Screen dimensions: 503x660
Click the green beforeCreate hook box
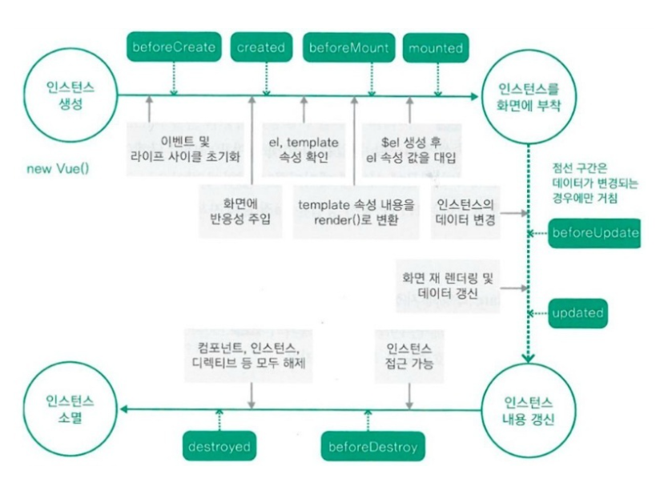pos(173,47)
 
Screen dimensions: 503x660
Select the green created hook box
pos(261,47)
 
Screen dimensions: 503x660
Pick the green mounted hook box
pos(436,48)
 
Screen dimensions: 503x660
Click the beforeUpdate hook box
pos(595,233)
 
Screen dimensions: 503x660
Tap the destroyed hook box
pos(218,446)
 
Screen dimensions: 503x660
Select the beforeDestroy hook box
pos(372,447)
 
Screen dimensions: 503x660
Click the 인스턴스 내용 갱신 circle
pos(528,408)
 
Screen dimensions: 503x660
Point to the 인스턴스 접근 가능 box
pos(409,356)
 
